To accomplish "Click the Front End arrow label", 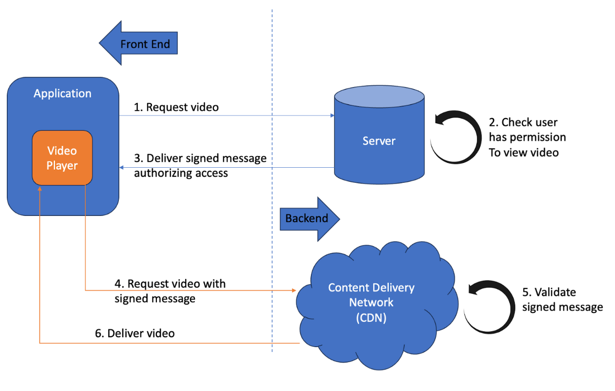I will click(145, 44).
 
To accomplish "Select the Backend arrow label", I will click(307, 218).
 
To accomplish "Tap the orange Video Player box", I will click(62, 158).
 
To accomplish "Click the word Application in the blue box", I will click(62, 94).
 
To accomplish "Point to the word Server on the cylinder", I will click(379, 141).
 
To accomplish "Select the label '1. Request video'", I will click(176, 107).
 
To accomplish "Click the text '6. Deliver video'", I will click(135, 333).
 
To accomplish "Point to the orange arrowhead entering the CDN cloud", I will click(294, 291).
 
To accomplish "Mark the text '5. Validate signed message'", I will click(562, 299).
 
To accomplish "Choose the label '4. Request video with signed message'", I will click(170, 291).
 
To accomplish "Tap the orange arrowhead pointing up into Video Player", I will click(39, 188).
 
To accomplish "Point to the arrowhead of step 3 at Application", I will click(122, 168).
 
